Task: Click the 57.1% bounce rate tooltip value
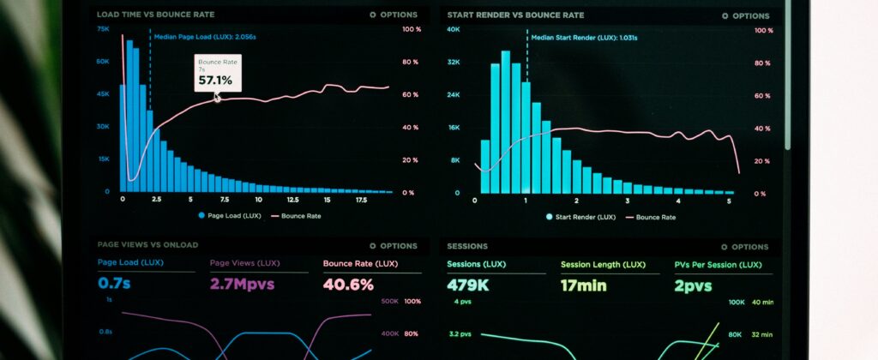point(214,81)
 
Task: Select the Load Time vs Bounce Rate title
point(156,15)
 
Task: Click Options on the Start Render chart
point(745,15)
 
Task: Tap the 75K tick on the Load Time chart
point(103,29)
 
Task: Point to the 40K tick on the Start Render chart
point(454,30)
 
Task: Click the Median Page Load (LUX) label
point(204,37)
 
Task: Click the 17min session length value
point(583,285)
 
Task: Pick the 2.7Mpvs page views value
point(242,285)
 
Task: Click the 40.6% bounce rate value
point(348,285)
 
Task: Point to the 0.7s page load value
point(114,284)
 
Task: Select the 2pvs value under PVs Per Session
point(693,285)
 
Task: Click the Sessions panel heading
point(467,246)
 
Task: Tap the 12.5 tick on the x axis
point(293,199)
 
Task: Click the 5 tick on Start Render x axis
point(729,201)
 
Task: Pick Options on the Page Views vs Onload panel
point(393,246)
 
